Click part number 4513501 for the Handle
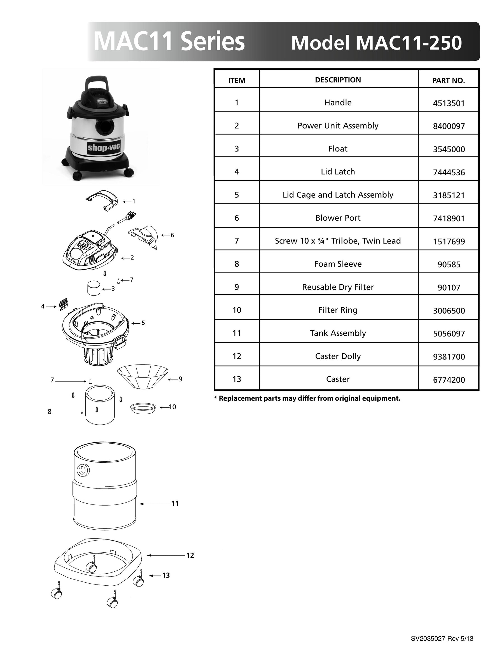click(x=449, y=103)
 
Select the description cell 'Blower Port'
click(x=338, y=218)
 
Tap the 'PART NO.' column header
click(x=449, y=80)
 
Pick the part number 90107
click(x=449, y=288)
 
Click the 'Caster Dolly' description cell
click(x=338, y=356)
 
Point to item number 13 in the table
click(x=237, y=379)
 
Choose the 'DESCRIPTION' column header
click(x=338, y=80)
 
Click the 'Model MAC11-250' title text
click(x=376, y=43)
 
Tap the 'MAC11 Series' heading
click(x=169, y=41)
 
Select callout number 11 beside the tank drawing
click(x=175, y=504)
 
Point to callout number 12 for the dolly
click(x=190, y=555)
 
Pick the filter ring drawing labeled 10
click(x=143, y=408)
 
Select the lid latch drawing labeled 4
click(x=63, y=304)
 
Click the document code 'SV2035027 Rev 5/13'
click(x=442, y=639)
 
